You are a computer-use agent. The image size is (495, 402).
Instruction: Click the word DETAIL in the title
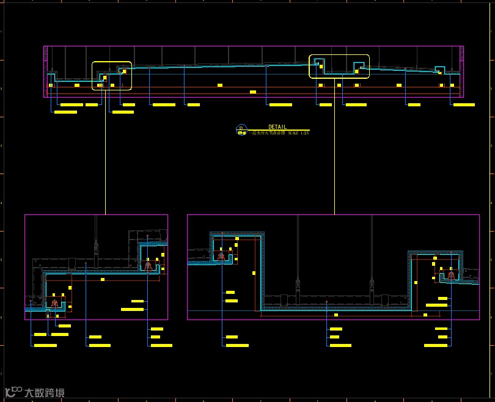(277, 127)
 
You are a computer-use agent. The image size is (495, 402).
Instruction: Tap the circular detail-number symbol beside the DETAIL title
(241, 129)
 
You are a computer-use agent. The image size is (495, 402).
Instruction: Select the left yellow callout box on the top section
(111, 76)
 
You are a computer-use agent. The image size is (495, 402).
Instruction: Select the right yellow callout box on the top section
(339, 67)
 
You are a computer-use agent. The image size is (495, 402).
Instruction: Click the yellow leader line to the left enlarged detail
(105, 153)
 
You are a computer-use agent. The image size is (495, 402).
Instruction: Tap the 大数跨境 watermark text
(44, 393)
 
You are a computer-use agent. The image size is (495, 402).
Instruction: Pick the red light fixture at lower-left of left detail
(54, 303)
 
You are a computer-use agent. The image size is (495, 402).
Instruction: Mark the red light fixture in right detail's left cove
(221, 256)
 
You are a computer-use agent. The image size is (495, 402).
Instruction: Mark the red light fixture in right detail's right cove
(451, 275)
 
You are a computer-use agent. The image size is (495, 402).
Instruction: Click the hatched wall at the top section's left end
(45, 71)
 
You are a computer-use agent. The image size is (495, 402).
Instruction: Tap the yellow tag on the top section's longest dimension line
(253, 92)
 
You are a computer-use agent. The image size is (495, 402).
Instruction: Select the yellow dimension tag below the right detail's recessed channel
(336, 315)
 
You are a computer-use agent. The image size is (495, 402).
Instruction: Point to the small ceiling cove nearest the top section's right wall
(439, 70)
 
